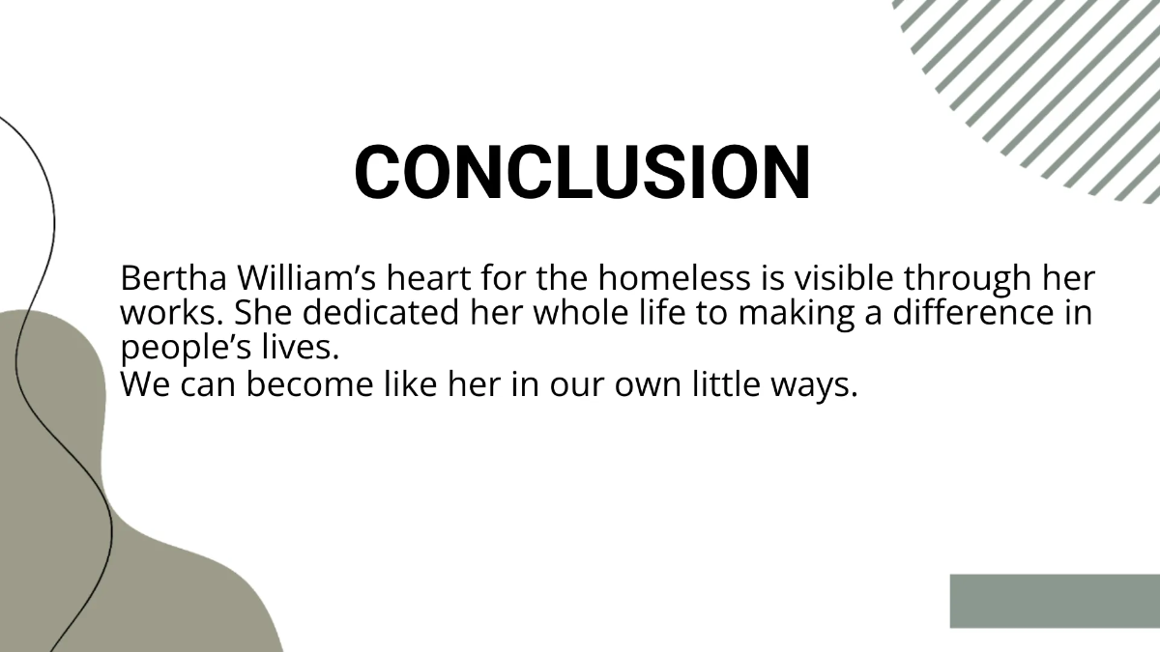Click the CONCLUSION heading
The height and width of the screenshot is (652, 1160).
click(582, 173)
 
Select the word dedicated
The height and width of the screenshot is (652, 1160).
click(378, 314)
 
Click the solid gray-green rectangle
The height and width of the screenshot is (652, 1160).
click(1055, 601)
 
